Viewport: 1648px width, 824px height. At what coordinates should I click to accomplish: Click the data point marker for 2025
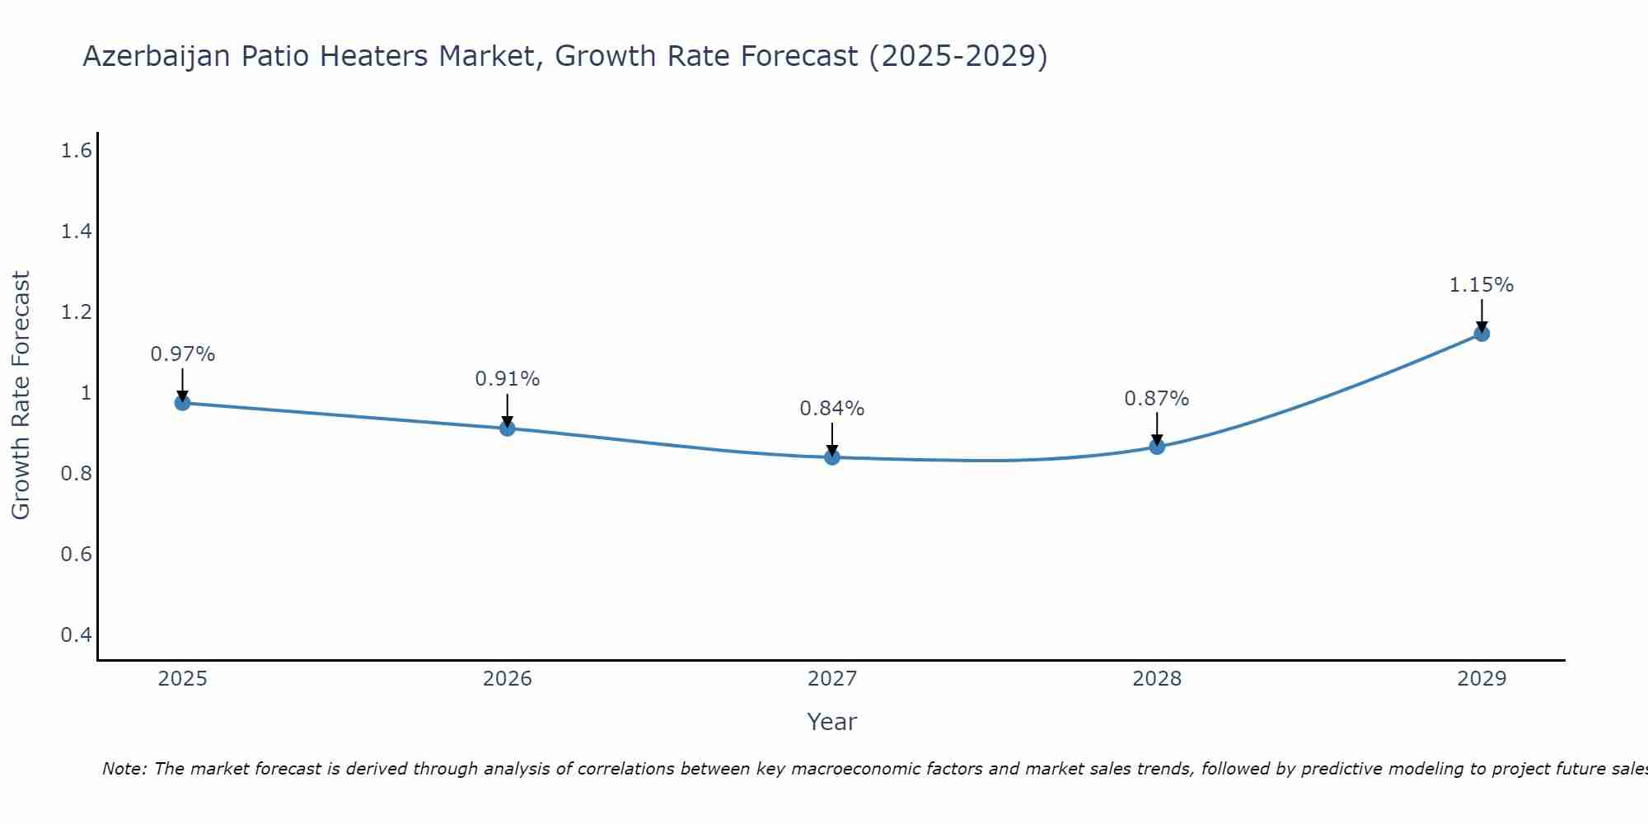tap(182, 403)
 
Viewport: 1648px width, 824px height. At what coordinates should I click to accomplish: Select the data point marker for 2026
tap(507, 428)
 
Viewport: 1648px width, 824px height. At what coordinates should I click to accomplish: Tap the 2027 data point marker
tap(832, 457)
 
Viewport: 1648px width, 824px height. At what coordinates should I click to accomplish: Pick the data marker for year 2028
tap(1157, 447)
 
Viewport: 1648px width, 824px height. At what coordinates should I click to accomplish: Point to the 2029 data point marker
tap(1482, 334)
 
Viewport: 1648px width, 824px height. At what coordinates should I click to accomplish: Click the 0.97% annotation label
tap(182, 354)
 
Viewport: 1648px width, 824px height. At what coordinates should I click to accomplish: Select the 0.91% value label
tap(507, 379)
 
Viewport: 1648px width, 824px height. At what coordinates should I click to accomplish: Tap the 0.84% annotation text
tap(832, 409)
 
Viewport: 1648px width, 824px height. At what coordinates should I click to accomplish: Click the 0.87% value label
tap(1157, 399)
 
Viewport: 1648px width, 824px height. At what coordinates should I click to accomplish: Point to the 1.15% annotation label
tap(1482, 285)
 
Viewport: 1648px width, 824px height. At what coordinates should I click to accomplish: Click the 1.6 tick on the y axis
tap(76, 151)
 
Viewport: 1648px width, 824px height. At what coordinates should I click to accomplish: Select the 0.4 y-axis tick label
tap(76, 635)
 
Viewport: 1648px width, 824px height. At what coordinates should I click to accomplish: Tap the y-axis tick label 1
tap(86, 393)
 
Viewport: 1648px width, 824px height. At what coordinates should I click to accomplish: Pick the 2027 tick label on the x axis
tap(832, 679)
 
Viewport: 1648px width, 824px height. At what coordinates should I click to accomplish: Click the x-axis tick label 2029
tap(1482, 679)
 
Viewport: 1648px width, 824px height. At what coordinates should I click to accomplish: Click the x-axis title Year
tap(832, 722)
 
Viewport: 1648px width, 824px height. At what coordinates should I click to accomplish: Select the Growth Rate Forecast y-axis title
tap(21, 396)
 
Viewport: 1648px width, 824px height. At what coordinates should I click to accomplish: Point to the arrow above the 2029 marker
tap(1482, 316)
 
